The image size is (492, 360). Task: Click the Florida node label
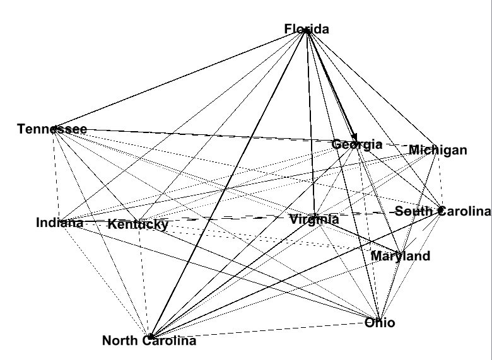click(x=307, y=29)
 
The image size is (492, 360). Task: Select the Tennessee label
click(x=52, y=129)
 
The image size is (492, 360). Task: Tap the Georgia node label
click(x=357, y=144)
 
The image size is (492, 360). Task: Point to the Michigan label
click(x=438, y=150)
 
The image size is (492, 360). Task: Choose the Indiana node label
click(x=59, y=223)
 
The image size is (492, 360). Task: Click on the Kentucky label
click(x=138, y=224)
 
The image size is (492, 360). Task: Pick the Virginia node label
click(x=314, y=219)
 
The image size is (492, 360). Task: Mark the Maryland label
click(x=400, y=256)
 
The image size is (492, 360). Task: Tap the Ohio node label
click(x=380, y=323)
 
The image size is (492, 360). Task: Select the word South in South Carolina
click(x=413, y=211)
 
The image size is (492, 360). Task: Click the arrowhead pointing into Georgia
click(x=355, y=137)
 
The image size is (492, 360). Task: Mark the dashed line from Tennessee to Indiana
click(x=57, y=177)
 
